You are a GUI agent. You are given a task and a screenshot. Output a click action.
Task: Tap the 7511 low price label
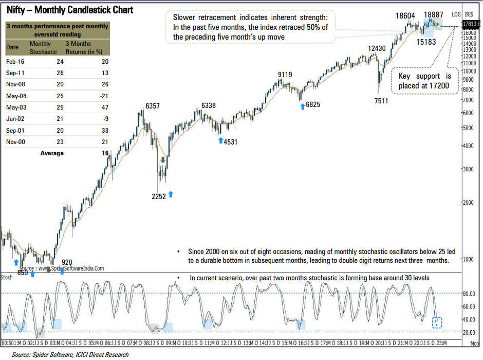(381, 101)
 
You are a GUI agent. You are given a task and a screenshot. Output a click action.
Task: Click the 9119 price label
(285, 75)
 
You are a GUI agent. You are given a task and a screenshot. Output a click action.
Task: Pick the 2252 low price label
(159, 196)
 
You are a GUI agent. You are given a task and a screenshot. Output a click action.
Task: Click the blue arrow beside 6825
(302, 105)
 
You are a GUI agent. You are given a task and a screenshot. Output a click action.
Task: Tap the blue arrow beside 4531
(220, 140)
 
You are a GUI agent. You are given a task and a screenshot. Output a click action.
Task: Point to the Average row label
(52, 153)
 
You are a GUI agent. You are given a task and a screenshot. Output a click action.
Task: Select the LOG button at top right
(456, 14)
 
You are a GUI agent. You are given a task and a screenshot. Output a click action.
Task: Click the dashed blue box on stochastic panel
(437, 322)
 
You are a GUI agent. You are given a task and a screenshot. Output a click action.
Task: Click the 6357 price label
(153, 106)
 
